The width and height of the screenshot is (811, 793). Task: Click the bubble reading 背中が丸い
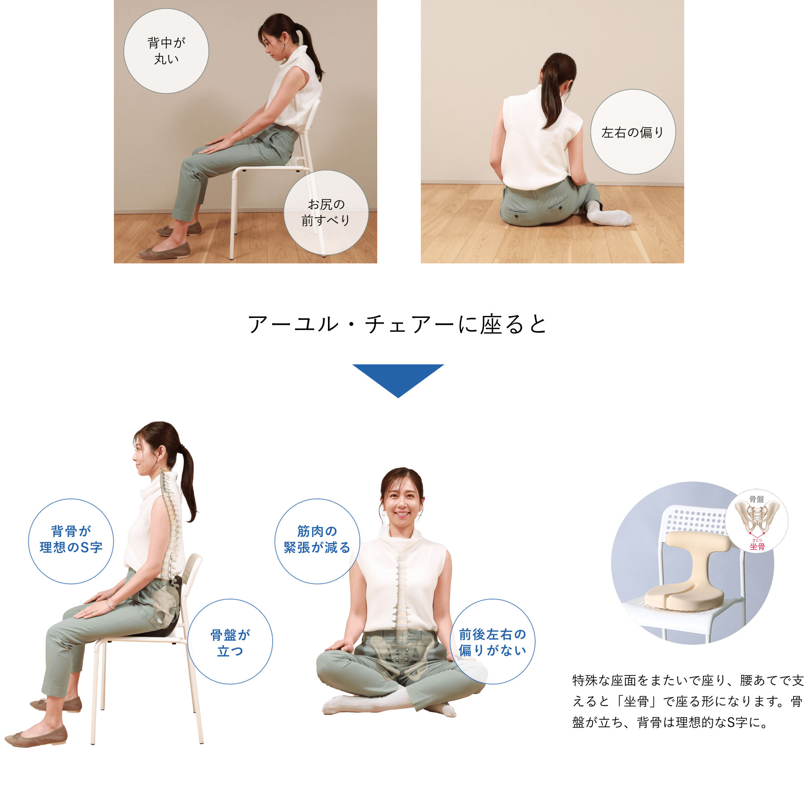click(x=166, y=51)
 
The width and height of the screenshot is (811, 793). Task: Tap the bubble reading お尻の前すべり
click(x=326, y=212)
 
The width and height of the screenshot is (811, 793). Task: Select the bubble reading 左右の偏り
click(x=633, y=132)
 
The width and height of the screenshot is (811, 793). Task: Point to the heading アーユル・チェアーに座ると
click(x=397, y=324)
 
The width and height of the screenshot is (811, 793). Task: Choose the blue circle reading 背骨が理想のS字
click(x=71, y=541)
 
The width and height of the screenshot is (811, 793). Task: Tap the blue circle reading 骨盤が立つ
click(x=230, y=642)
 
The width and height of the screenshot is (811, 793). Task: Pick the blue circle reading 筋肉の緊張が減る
click(x=317, y=541)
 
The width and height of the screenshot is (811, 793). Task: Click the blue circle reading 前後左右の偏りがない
click(x=492, y=642)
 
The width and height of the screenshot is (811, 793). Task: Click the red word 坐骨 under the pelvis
click(x=757, y=547)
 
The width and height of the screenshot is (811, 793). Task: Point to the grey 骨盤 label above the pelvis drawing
click(x=756, y=499)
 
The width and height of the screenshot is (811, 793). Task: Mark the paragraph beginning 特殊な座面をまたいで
click(x=687, y=701)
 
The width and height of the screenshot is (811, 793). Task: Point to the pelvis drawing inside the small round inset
click(x=757, y=518)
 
